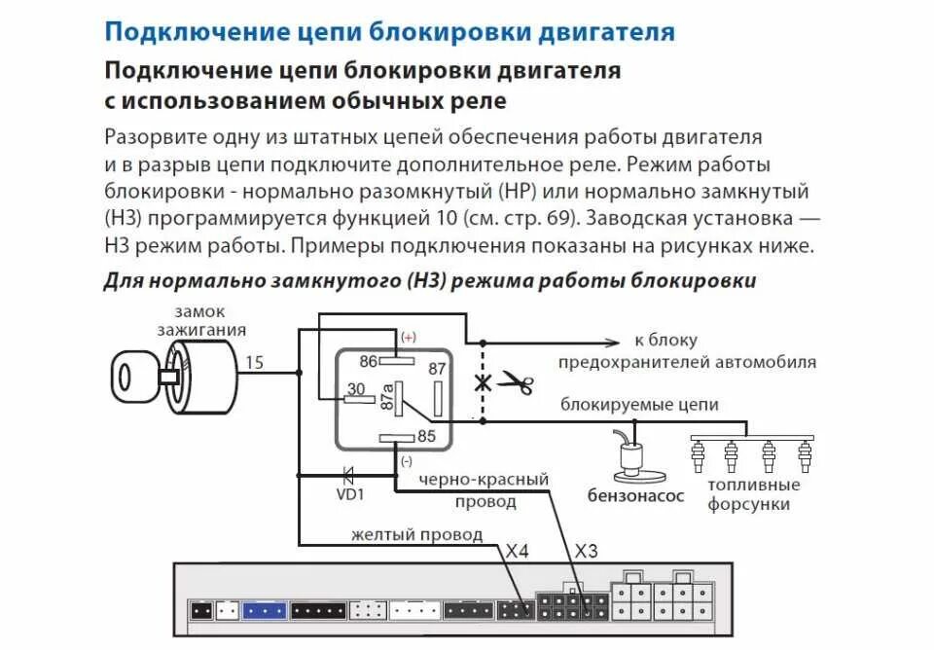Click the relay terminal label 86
(x=368, y=362)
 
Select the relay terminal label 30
(x=356, y=389)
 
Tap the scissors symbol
(x=516, y=383)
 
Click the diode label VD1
(x=349, y=494)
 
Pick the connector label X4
(x=518, y=551)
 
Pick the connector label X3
(x=586, y=551)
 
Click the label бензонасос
(x=635, y=495)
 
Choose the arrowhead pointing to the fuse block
(x=613, y=342)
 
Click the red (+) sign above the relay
(x=408, y=338)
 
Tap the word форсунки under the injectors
(x=748, y=504)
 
